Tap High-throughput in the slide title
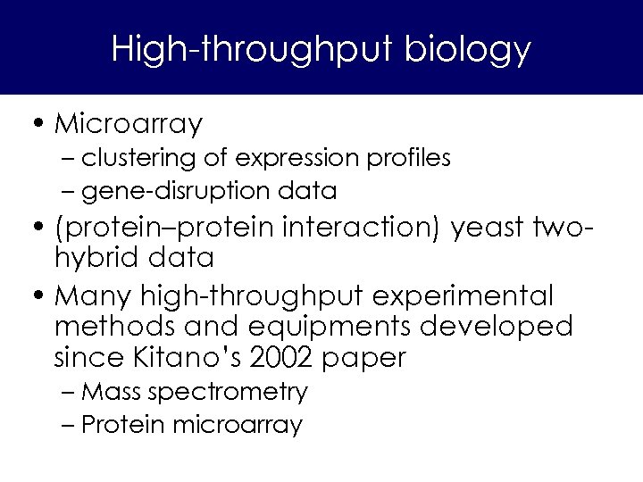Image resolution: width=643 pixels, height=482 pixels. pos(252,49)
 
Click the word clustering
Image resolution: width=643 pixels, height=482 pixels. pos(138,159)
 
